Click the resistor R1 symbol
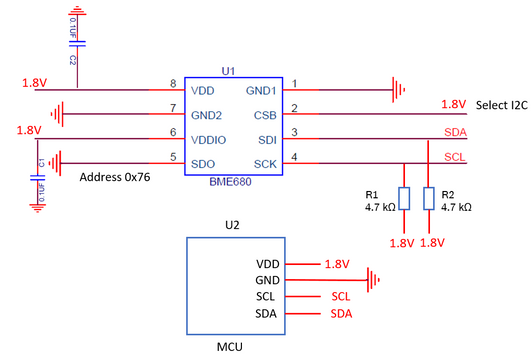(x=403, y=198)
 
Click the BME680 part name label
(x=233, y=182)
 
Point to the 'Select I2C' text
(x=503, y=105)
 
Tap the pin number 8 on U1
(x=173, y=83)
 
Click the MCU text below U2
(x=232, y=347)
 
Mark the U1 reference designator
(x=228, y=72)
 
